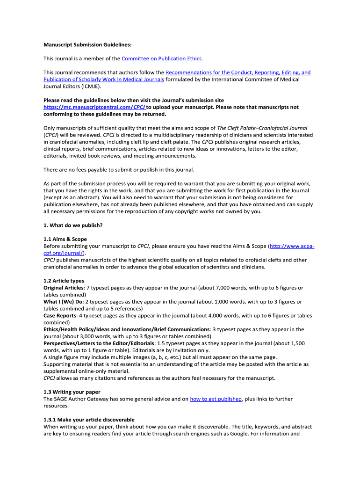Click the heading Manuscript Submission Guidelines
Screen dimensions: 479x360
pos(87,45)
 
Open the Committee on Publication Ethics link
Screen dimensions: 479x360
pos(162,58)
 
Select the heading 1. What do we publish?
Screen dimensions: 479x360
pos(73,225)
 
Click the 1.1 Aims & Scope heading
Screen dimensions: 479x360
pos(65,239)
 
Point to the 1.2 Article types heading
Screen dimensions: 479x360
pos(64,281)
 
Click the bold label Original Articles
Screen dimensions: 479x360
pos(63,288)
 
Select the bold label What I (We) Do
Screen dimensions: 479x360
pos(62,302)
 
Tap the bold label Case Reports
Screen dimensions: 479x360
pos(60,316)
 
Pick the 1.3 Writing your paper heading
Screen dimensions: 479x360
pos(72,392)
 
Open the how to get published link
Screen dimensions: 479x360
pos(216,399)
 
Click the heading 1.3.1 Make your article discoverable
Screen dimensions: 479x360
pos(89,420)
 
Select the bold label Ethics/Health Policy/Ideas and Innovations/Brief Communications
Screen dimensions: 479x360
pos(126,329)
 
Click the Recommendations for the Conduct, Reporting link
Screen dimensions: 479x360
pos(238,73)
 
